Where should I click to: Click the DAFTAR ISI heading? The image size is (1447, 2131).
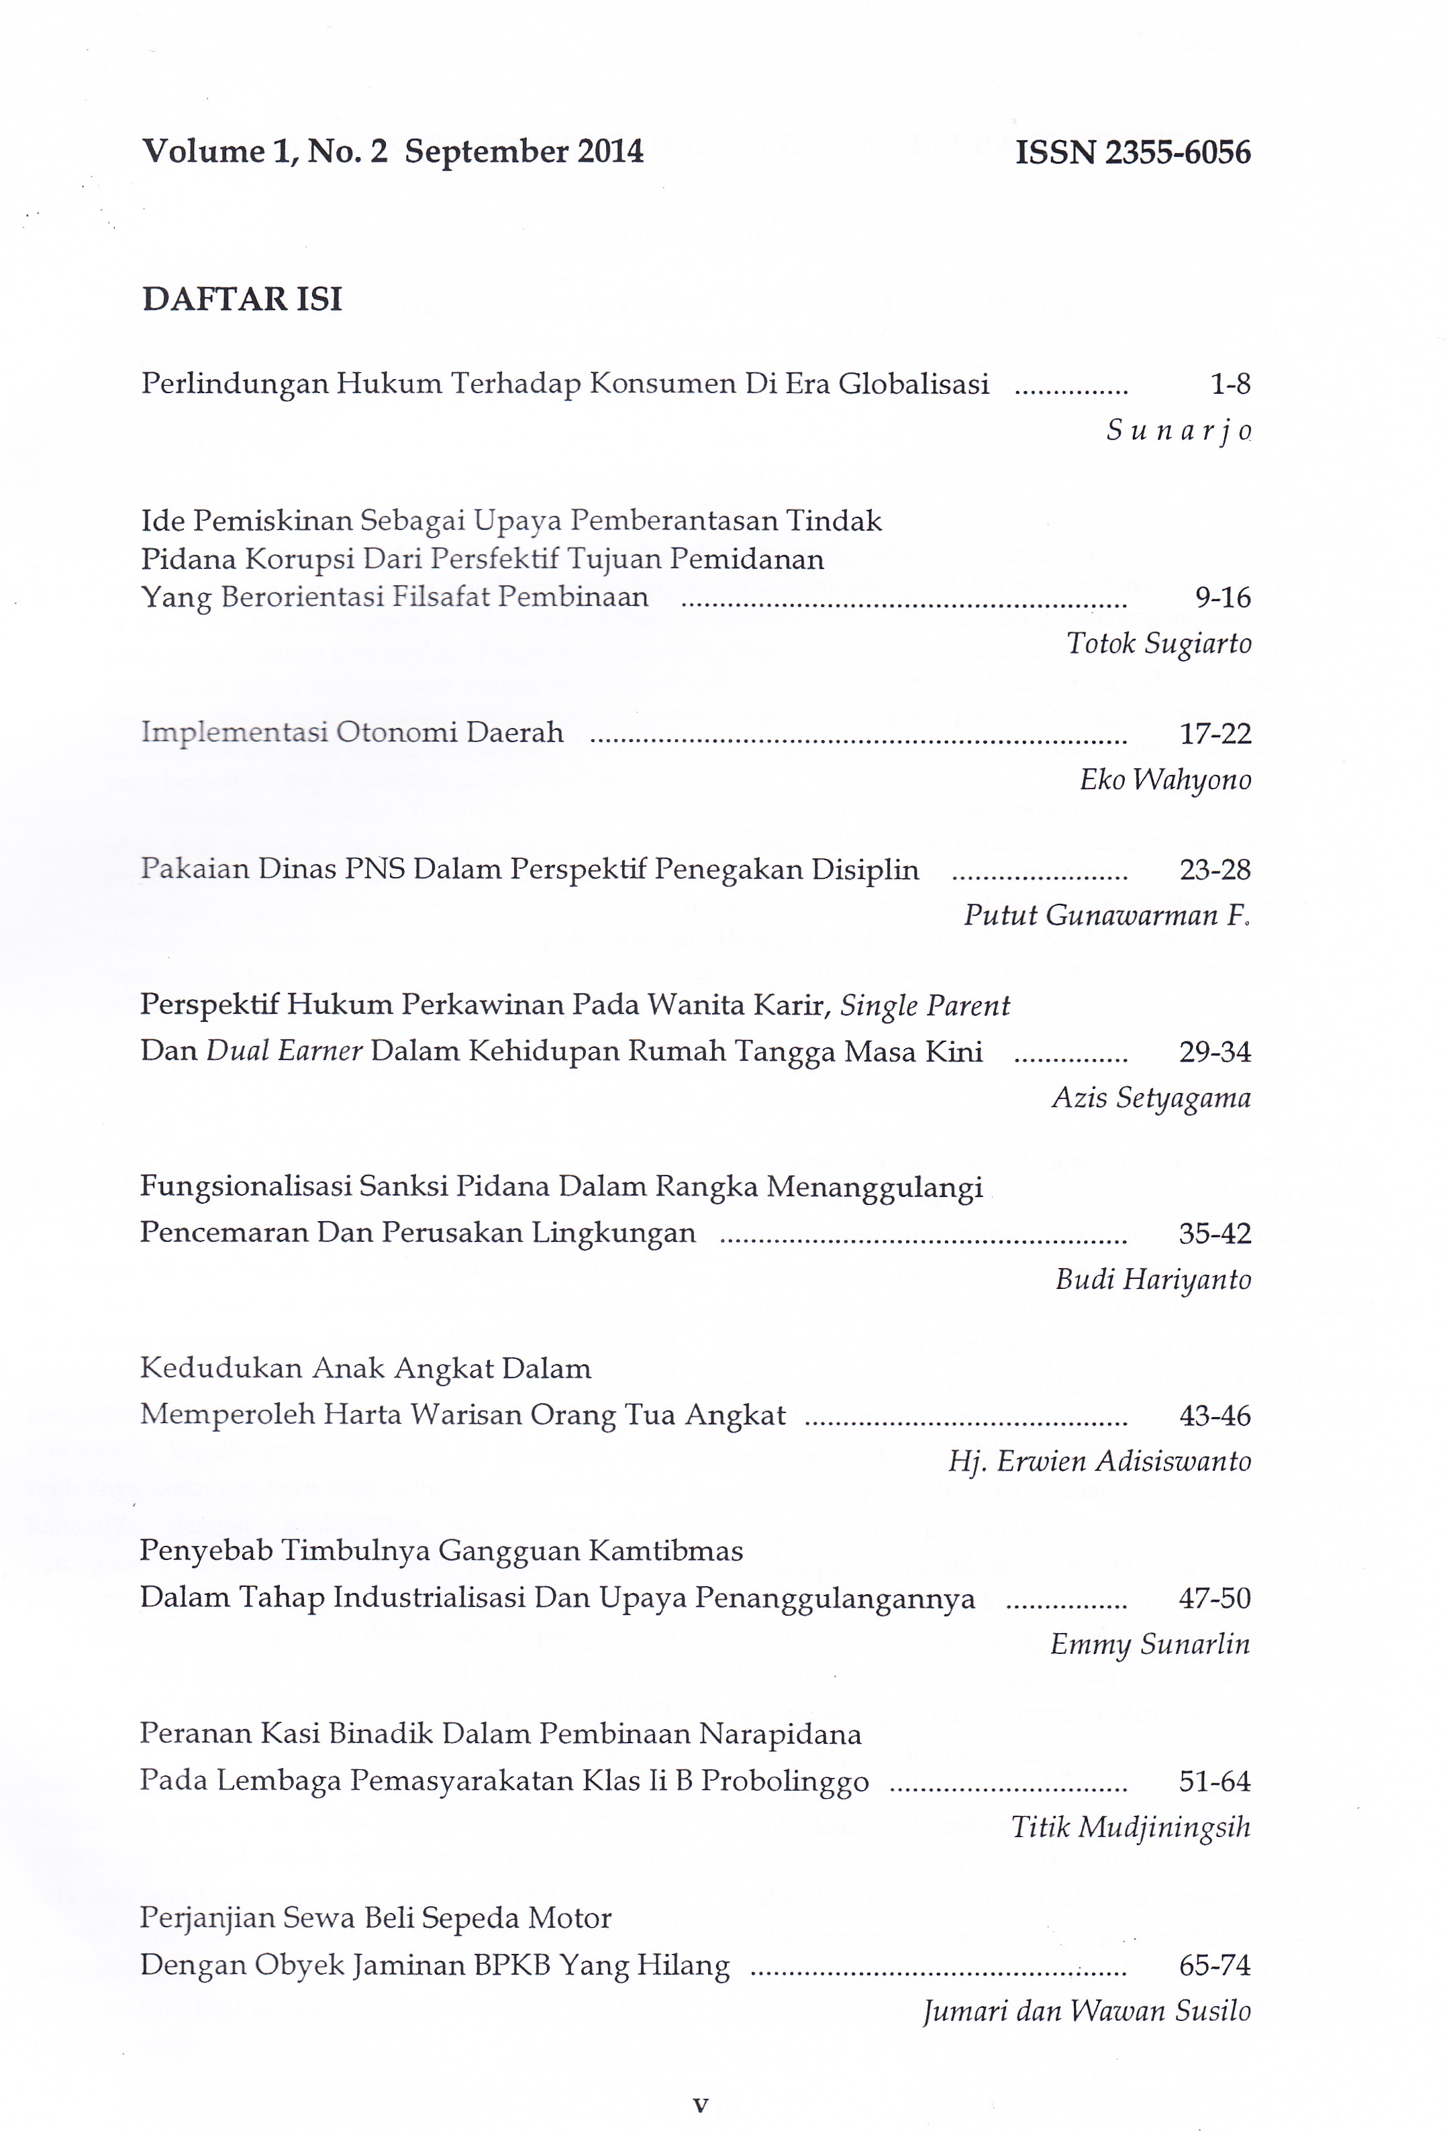point(242,299)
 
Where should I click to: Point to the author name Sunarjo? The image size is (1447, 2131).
point(1179,430)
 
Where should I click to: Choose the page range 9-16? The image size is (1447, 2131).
point(1222,598)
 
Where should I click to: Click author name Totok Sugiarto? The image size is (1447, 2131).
point(1158,643)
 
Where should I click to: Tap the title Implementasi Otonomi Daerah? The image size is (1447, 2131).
point(352,733)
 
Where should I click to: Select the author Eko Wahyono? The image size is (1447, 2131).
point(1164,780)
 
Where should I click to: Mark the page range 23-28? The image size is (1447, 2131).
point(1215,870)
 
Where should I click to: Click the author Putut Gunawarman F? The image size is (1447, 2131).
point(1107,915)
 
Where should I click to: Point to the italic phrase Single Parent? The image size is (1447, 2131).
point(924,1006)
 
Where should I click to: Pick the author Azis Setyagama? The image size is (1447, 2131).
point(1151,1098)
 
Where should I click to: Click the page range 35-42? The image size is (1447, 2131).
point(1215,1233)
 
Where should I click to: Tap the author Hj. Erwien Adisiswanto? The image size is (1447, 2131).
point(1099,1461)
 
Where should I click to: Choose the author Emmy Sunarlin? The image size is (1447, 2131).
point(1150,1643)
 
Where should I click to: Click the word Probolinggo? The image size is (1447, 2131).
point(785,1781)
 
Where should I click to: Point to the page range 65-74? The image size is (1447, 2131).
point(1215,1965)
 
